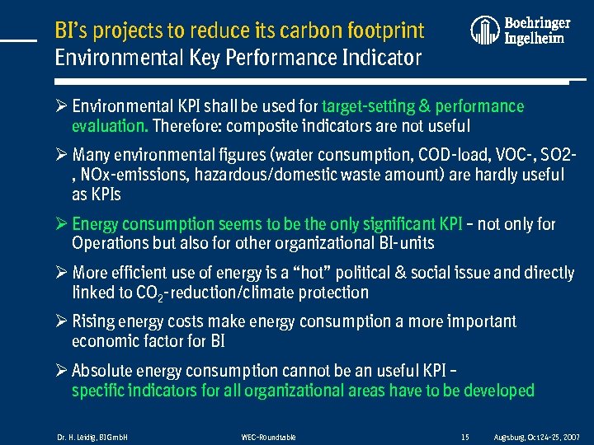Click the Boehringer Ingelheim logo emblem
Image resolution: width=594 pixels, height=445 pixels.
point(485,30)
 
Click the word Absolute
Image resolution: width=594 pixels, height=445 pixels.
point(104,371)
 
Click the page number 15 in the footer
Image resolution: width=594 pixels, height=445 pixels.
point(465,436)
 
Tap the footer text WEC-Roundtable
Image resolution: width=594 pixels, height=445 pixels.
point(268,436)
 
